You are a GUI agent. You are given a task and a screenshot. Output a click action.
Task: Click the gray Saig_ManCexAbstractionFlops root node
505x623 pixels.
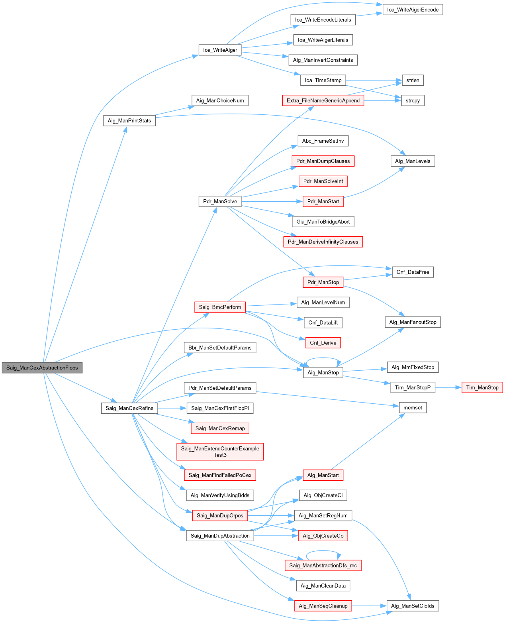(42, 368)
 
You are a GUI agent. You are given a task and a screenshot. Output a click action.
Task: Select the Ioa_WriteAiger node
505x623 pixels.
(220, 50)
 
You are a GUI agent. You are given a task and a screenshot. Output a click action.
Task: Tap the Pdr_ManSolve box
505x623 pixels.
(220, 201)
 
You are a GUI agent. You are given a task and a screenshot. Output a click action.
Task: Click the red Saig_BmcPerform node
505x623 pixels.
(220, 307)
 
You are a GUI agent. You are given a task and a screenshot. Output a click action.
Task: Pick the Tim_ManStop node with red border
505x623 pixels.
(482, 387)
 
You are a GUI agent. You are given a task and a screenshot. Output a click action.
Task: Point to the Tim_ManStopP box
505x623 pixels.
(413, 387)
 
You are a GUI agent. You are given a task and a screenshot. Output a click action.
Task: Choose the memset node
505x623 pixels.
(413, 407)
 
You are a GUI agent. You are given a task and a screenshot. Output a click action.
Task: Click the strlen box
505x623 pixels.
(413, 80)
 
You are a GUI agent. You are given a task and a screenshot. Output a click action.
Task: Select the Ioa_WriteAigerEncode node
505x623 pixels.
(413, 10)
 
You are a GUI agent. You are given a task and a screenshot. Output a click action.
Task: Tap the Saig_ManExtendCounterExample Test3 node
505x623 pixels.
(220, 452)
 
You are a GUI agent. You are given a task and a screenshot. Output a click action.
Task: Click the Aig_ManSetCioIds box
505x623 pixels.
(413, 606)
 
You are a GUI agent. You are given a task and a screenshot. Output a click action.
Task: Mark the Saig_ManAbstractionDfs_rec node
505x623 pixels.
(323, 565)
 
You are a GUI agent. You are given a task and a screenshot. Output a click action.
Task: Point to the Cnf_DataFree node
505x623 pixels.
(413, 272)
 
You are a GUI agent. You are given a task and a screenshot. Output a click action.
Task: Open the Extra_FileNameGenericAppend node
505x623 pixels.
(323, 100)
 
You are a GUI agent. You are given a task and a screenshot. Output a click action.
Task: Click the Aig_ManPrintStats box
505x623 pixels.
(129, 120)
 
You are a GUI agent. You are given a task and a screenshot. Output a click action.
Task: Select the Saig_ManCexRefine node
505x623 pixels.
(129, 408)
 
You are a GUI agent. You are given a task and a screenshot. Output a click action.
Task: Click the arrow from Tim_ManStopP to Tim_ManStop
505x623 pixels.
(448, 387)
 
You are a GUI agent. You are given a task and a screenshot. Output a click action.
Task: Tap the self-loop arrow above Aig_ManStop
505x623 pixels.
(323, 358)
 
